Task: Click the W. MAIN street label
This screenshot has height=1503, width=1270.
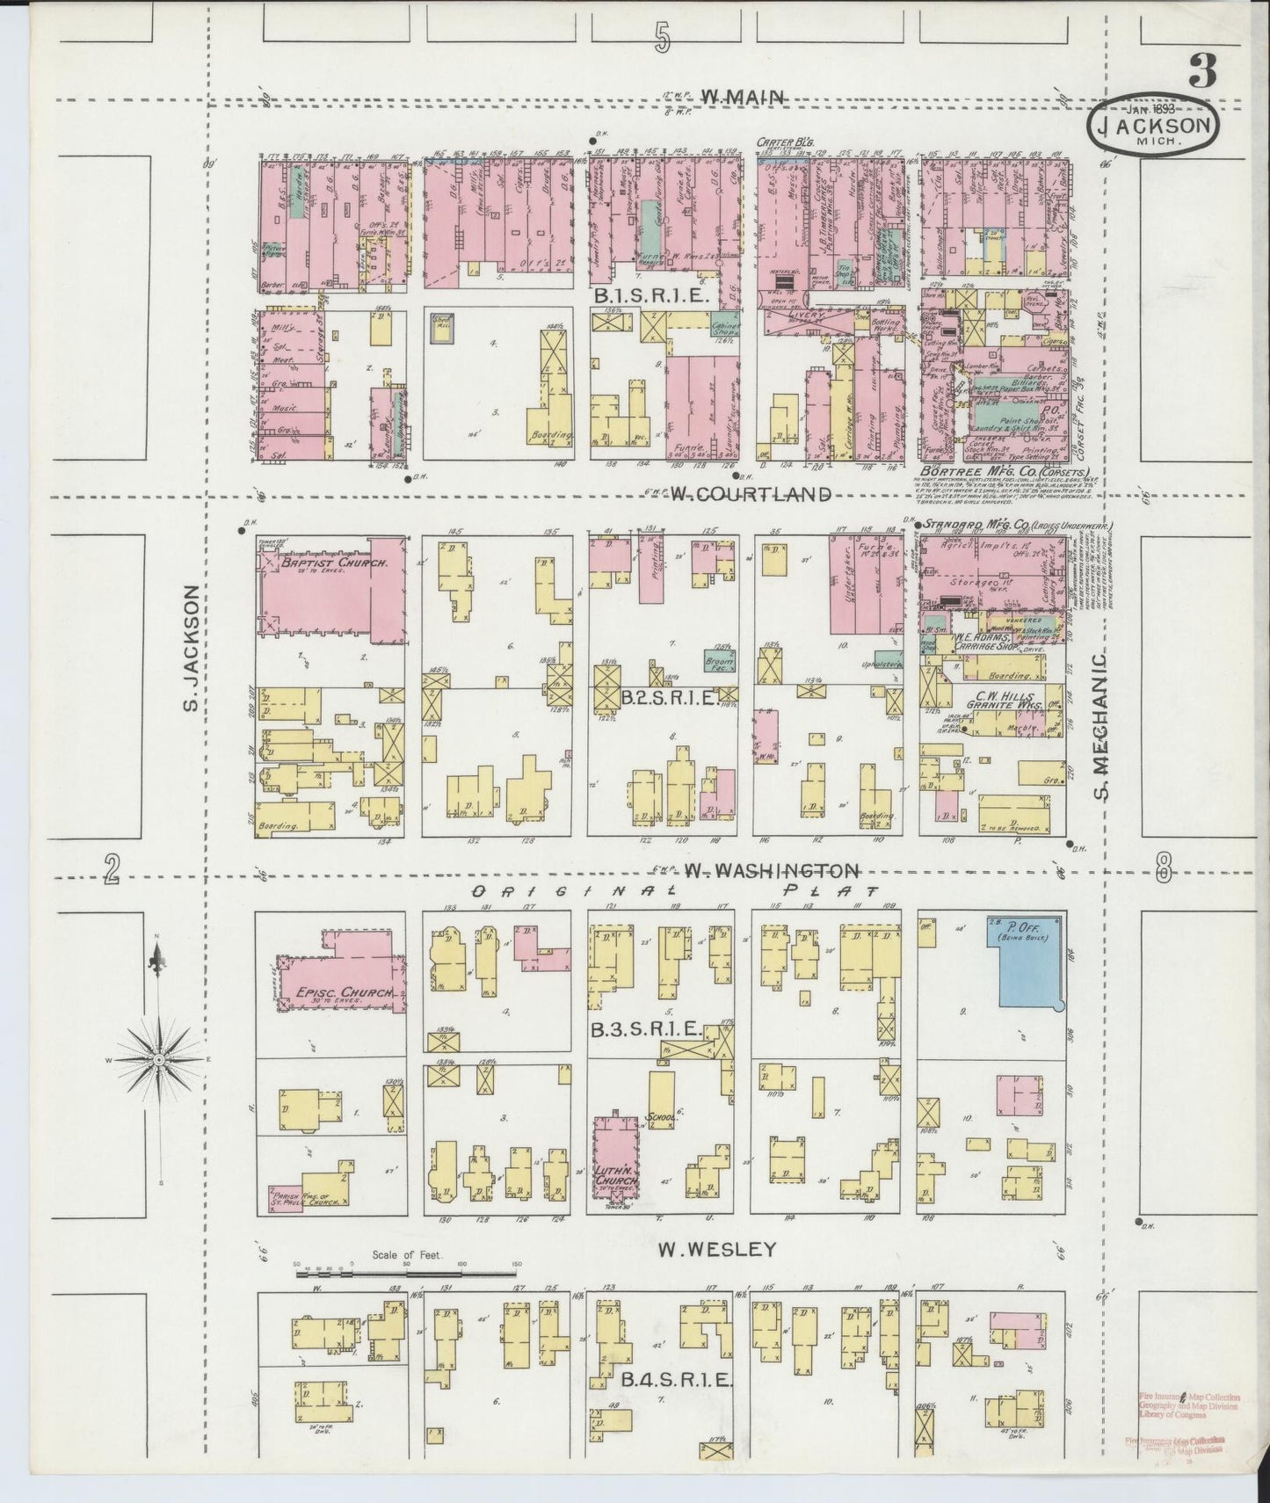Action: pos(749,98)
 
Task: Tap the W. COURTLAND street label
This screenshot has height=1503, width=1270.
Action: pos(750,494)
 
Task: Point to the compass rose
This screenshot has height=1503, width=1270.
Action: pos(158,1061)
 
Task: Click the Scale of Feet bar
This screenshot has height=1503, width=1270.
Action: pos(407,1272)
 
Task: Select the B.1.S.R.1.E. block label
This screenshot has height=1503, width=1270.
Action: pos(651,297)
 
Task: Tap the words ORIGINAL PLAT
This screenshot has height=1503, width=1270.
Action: pos(664,891)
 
